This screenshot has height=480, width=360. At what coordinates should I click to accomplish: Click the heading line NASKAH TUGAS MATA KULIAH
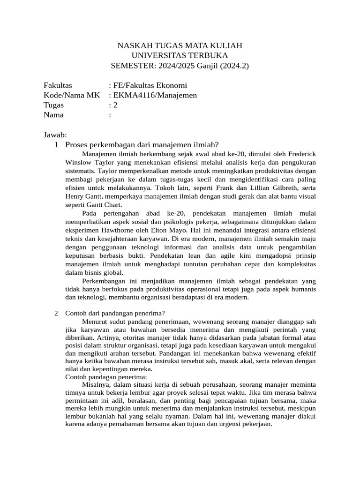(180, 45)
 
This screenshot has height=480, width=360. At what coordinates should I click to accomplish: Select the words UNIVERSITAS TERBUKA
(180, 55)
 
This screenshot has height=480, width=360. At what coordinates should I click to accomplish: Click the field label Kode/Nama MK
(72, 95)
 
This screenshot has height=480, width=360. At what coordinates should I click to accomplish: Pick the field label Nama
(53, 115)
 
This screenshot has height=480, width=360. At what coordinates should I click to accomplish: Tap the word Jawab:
(56, 135)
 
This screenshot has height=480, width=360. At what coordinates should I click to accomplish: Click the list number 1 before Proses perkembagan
(56, 145)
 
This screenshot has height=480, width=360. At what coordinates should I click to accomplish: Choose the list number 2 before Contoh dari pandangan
(56, 313)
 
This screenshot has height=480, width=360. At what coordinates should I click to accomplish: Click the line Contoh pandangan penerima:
(106, 377)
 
